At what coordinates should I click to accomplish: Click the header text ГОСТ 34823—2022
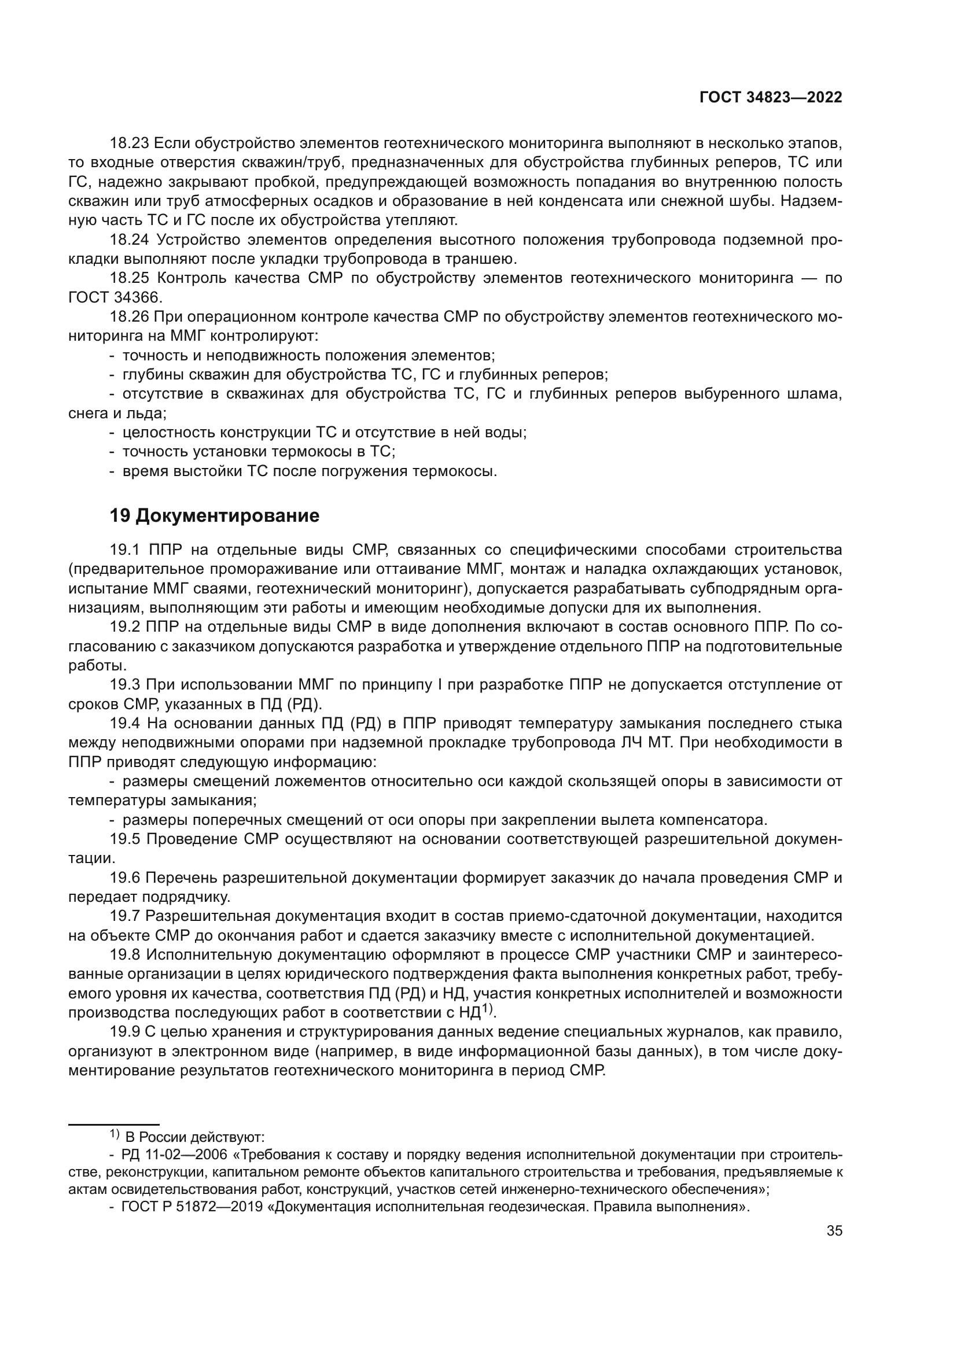771,98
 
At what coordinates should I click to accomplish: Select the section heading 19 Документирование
215,515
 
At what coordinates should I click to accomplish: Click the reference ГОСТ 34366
115,297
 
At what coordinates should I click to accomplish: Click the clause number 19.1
124,550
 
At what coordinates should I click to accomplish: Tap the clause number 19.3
125,685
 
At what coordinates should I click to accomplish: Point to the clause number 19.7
125,916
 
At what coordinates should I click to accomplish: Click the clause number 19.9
125,1033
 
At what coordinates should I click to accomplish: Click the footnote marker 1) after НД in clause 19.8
487,1009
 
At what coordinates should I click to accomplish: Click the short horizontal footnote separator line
114,1125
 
